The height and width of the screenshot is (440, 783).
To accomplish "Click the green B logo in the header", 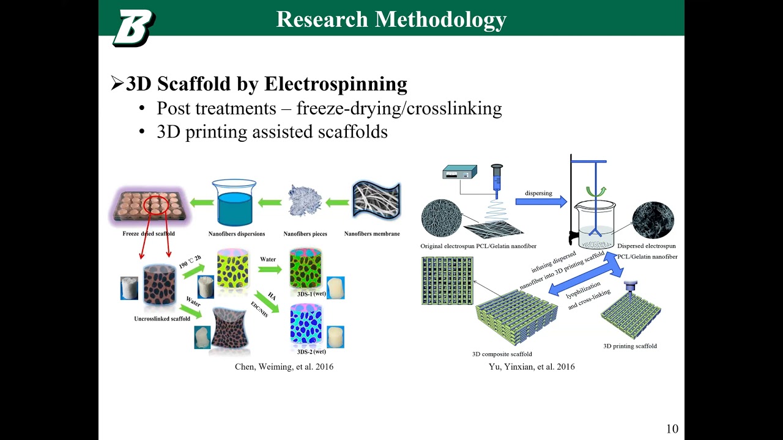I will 133,28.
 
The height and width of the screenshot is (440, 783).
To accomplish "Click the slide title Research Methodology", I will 391,20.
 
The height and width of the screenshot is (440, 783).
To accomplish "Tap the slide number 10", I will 672,428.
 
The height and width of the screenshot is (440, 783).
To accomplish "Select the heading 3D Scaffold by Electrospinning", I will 266,84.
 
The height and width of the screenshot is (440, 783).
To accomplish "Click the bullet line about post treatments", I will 329,108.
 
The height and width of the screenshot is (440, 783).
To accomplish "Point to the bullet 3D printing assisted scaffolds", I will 272,131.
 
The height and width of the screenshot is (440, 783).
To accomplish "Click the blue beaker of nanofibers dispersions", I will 234,204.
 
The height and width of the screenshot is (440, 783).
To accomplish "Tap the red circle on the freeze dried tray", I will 156,206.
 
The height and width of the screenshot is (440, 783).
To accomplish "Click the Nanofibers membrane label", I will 372,233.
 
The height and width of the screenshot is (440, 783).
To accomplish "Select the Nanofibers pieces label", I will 305,233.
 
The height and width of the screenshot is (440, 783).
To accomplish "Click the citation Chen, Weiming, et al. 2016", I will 284,367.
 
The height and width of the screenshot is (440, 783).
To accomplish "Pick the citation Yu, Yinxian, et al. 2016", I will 532,367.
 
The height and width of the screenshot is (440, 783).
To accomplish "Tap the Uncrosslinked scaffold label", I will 162,318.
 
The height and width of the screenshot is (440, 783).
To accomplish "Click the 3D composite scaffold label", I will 502,354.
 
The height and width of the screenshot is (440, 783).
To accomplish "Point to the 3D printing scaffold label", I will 630,346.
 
